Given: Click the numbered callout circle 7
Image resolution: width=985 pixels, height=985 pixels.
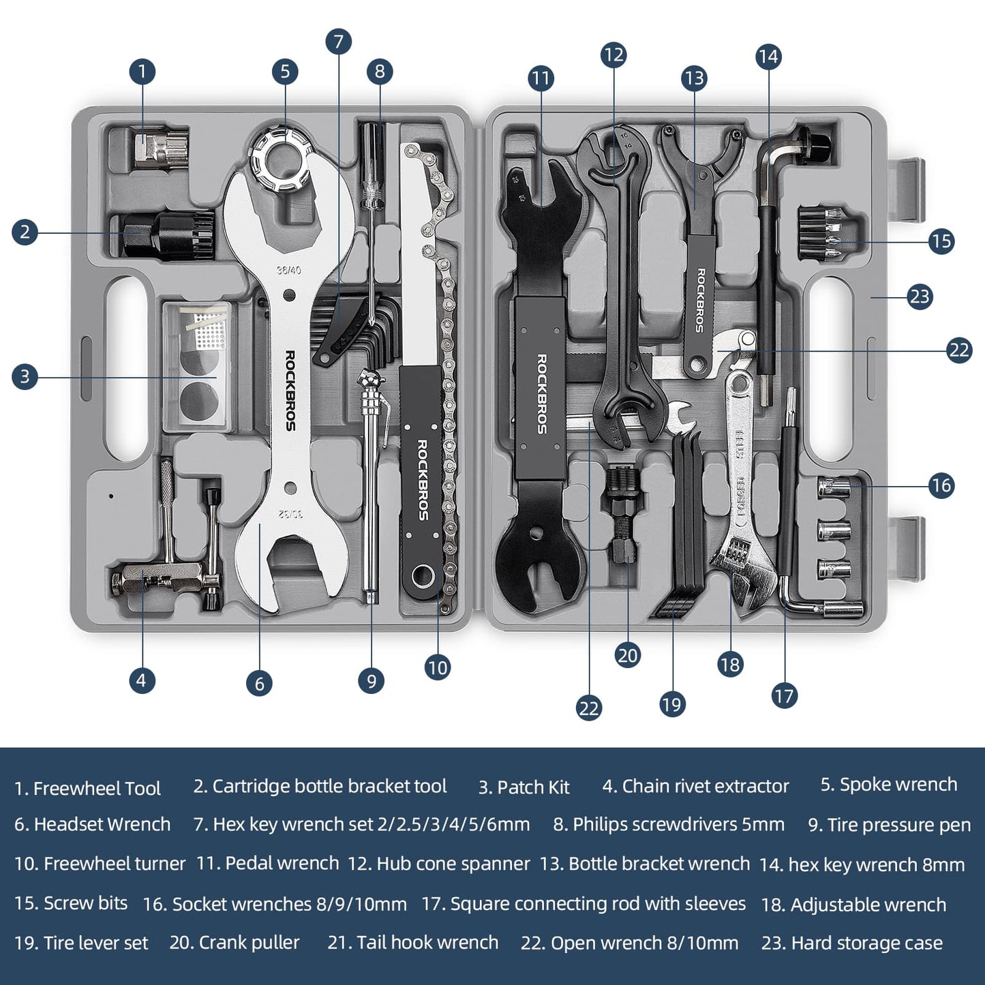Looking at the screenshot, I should click(338, 42).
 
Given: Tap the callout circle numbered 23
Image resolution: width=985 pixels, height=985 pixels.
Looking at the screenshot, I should click(920, 297).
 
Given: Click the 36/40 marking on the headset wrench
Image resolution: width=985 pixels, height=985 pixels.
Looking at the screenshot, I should click(288, 271).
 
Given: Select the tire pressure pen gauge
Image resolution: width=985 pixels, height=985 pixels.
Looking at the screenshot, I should click(370, 477).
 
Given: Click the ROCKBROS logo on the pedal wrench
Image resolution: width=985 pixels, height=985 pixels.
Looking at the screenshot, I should click(542, 393).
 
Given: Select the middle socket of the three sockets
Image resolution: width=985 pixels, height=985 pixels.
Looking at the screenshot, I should click(834, 530).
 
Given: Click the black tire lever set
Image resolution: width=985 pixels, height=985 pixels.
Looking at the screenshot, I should click(682, 525).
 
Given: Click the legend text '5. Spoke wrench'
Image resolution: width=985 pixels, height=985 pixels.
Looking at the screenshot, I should click(888, 785).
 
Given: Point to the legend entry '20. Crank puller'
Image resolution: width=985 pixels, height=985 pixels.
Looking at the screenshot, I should click(234, 943).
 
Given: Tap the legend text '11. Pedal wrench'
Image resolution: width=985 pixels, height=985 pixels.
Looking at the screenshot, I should click(267, 864).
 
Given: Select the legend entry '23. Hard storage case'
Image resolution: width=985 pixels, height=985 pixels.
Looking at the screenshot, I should click(851, 943).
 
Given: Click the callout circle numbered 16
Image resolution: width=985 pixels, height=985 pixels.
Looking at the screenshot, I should click(941, 486).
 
